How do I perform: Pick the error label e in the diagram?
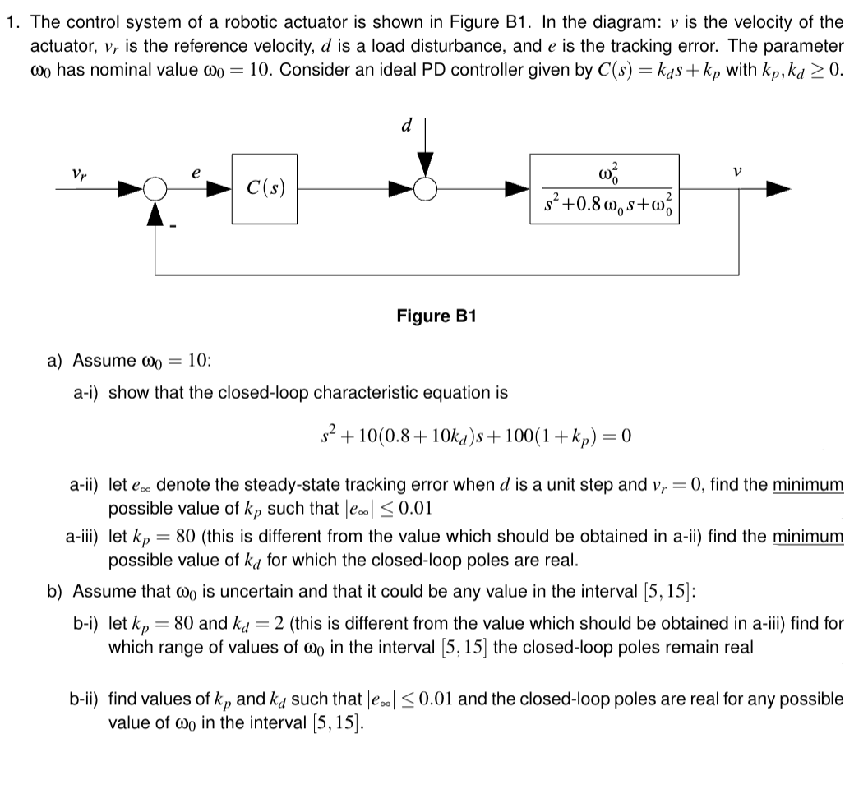tap(196, 174)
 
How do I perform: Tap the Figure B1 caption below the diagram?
tap(436, 316)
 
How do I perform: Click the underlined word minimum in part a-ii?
tap(808, 485)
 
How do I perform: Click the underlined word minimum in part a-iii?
tap(808, 537)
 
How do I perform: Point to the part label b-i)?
tap(86, 623)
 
